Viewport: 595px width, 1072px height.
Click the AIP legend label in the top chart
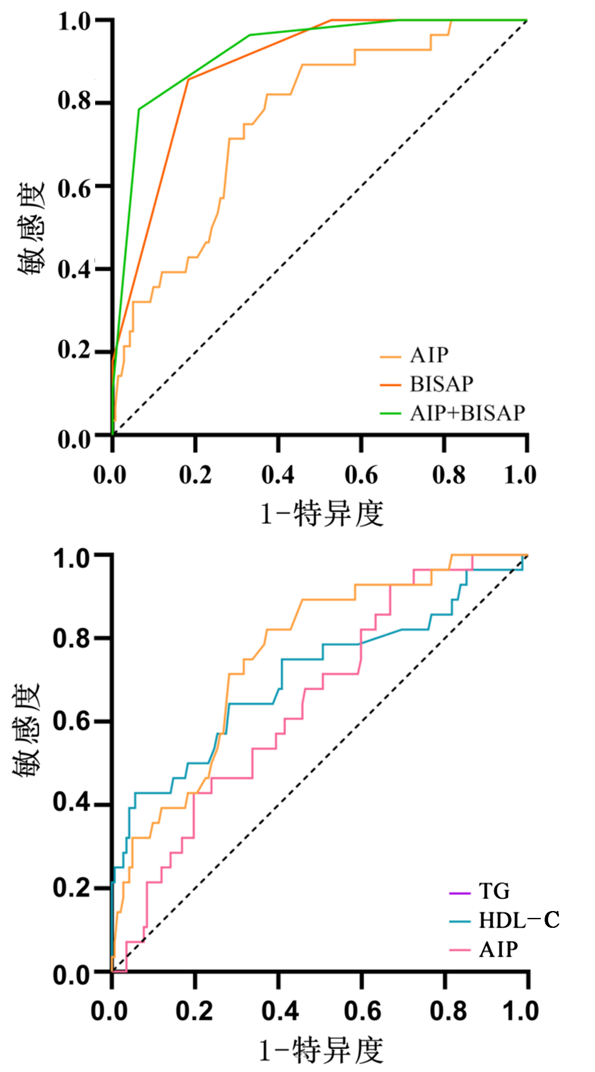coord(429,355)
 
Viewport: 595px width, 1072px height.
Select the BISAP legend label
coord(441,384)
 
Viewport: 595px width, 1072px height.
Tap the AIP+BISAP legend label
coord(467,413)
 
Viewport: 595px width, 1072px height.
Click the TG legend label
coord(494,891)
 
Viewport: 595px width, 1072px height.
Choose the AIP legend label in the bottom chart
coord(499,949)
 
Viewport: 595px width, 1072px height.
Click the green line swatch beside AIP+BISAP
coord(390,414)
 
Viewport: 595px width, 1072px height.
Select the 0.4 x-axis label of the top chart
coord(278,475)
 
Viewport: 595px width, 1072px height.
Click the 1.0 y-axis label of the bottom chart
coord(71,559)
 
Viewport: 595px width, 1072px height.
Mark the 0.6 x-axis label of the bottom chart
coord(362,1011)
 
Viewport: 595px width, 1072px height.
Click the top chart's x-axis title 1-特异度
coord(322,513)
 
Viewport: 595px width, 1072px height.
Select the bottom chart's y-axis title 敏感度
coord(27,729)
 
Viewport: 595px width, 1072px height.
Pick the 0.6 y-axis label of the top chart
coord(74,188)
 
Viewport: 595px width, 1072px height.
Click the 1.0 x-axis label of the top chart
coord(520,475)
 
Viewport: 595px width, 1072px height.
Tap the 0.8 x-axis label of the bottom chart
coord(448,1011)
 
